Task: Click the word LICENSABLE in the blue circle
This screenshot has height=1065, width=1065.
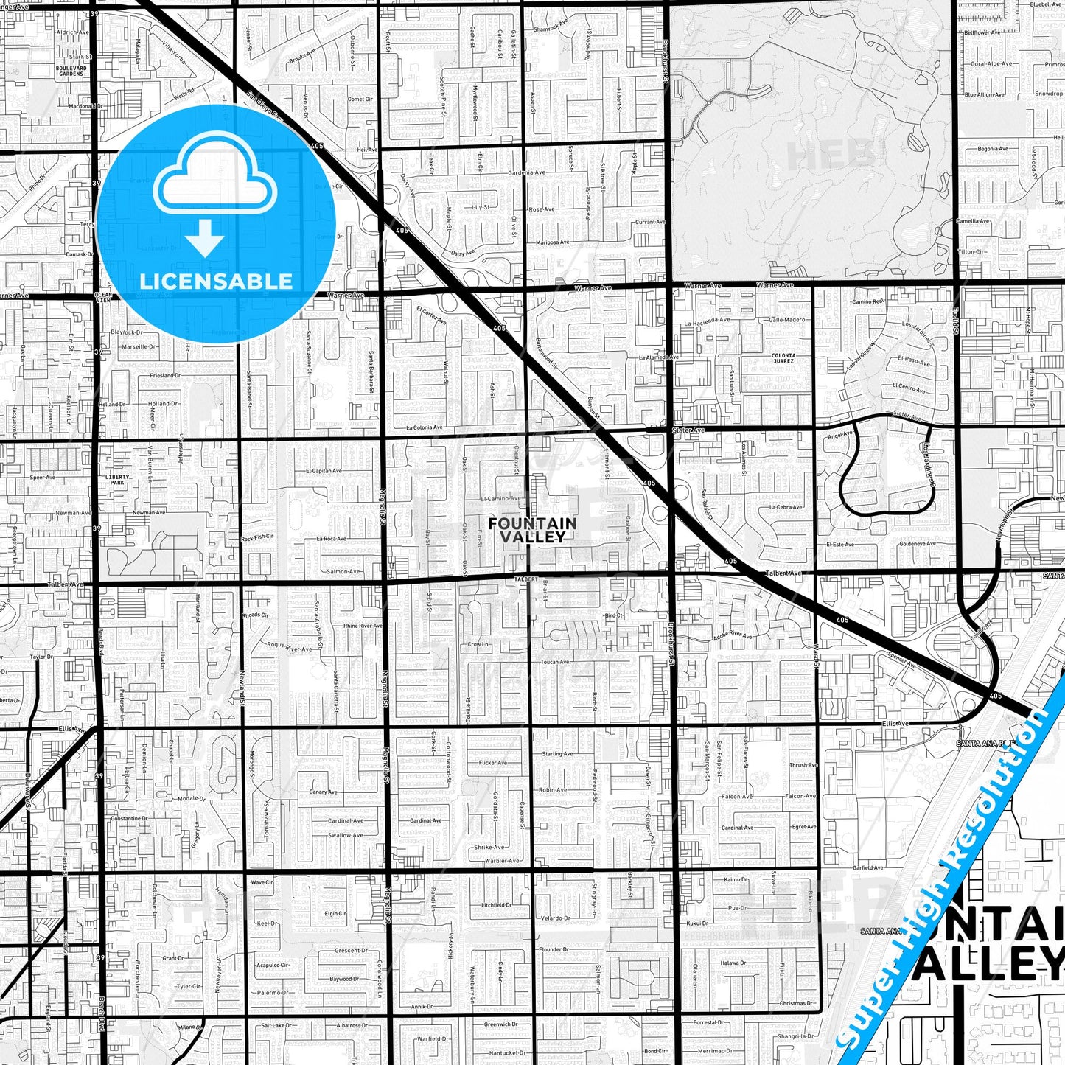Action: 215,282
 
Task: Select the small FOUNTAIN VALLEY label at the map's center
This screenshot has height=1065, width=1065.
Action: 532,530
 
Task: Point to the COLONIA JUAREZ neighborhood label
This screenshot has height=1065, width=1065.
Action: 783,358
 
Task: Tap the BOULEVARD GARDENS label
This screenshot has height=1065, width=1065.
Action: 71,71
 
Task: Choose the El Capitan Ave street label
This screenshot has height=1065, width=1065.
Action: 324,470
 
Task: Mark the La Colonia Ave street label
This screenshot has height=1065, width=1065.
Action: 425,427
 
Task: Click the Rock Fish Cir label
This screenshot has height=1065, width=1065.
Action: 257,537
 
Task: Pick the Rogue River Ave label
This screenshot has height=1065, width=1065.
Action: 289,648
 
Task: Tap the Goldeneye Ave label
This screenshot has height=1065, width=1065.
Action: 917,544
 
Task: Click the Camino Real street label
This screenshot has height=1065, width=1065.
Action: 867,301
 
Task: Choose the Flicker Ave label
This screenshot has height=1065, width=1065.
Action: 492,763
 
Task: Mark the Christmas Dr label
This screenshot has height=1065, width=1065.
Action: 796,1003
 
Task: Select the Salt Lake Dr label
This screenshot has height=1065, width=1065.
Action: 273,1025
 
